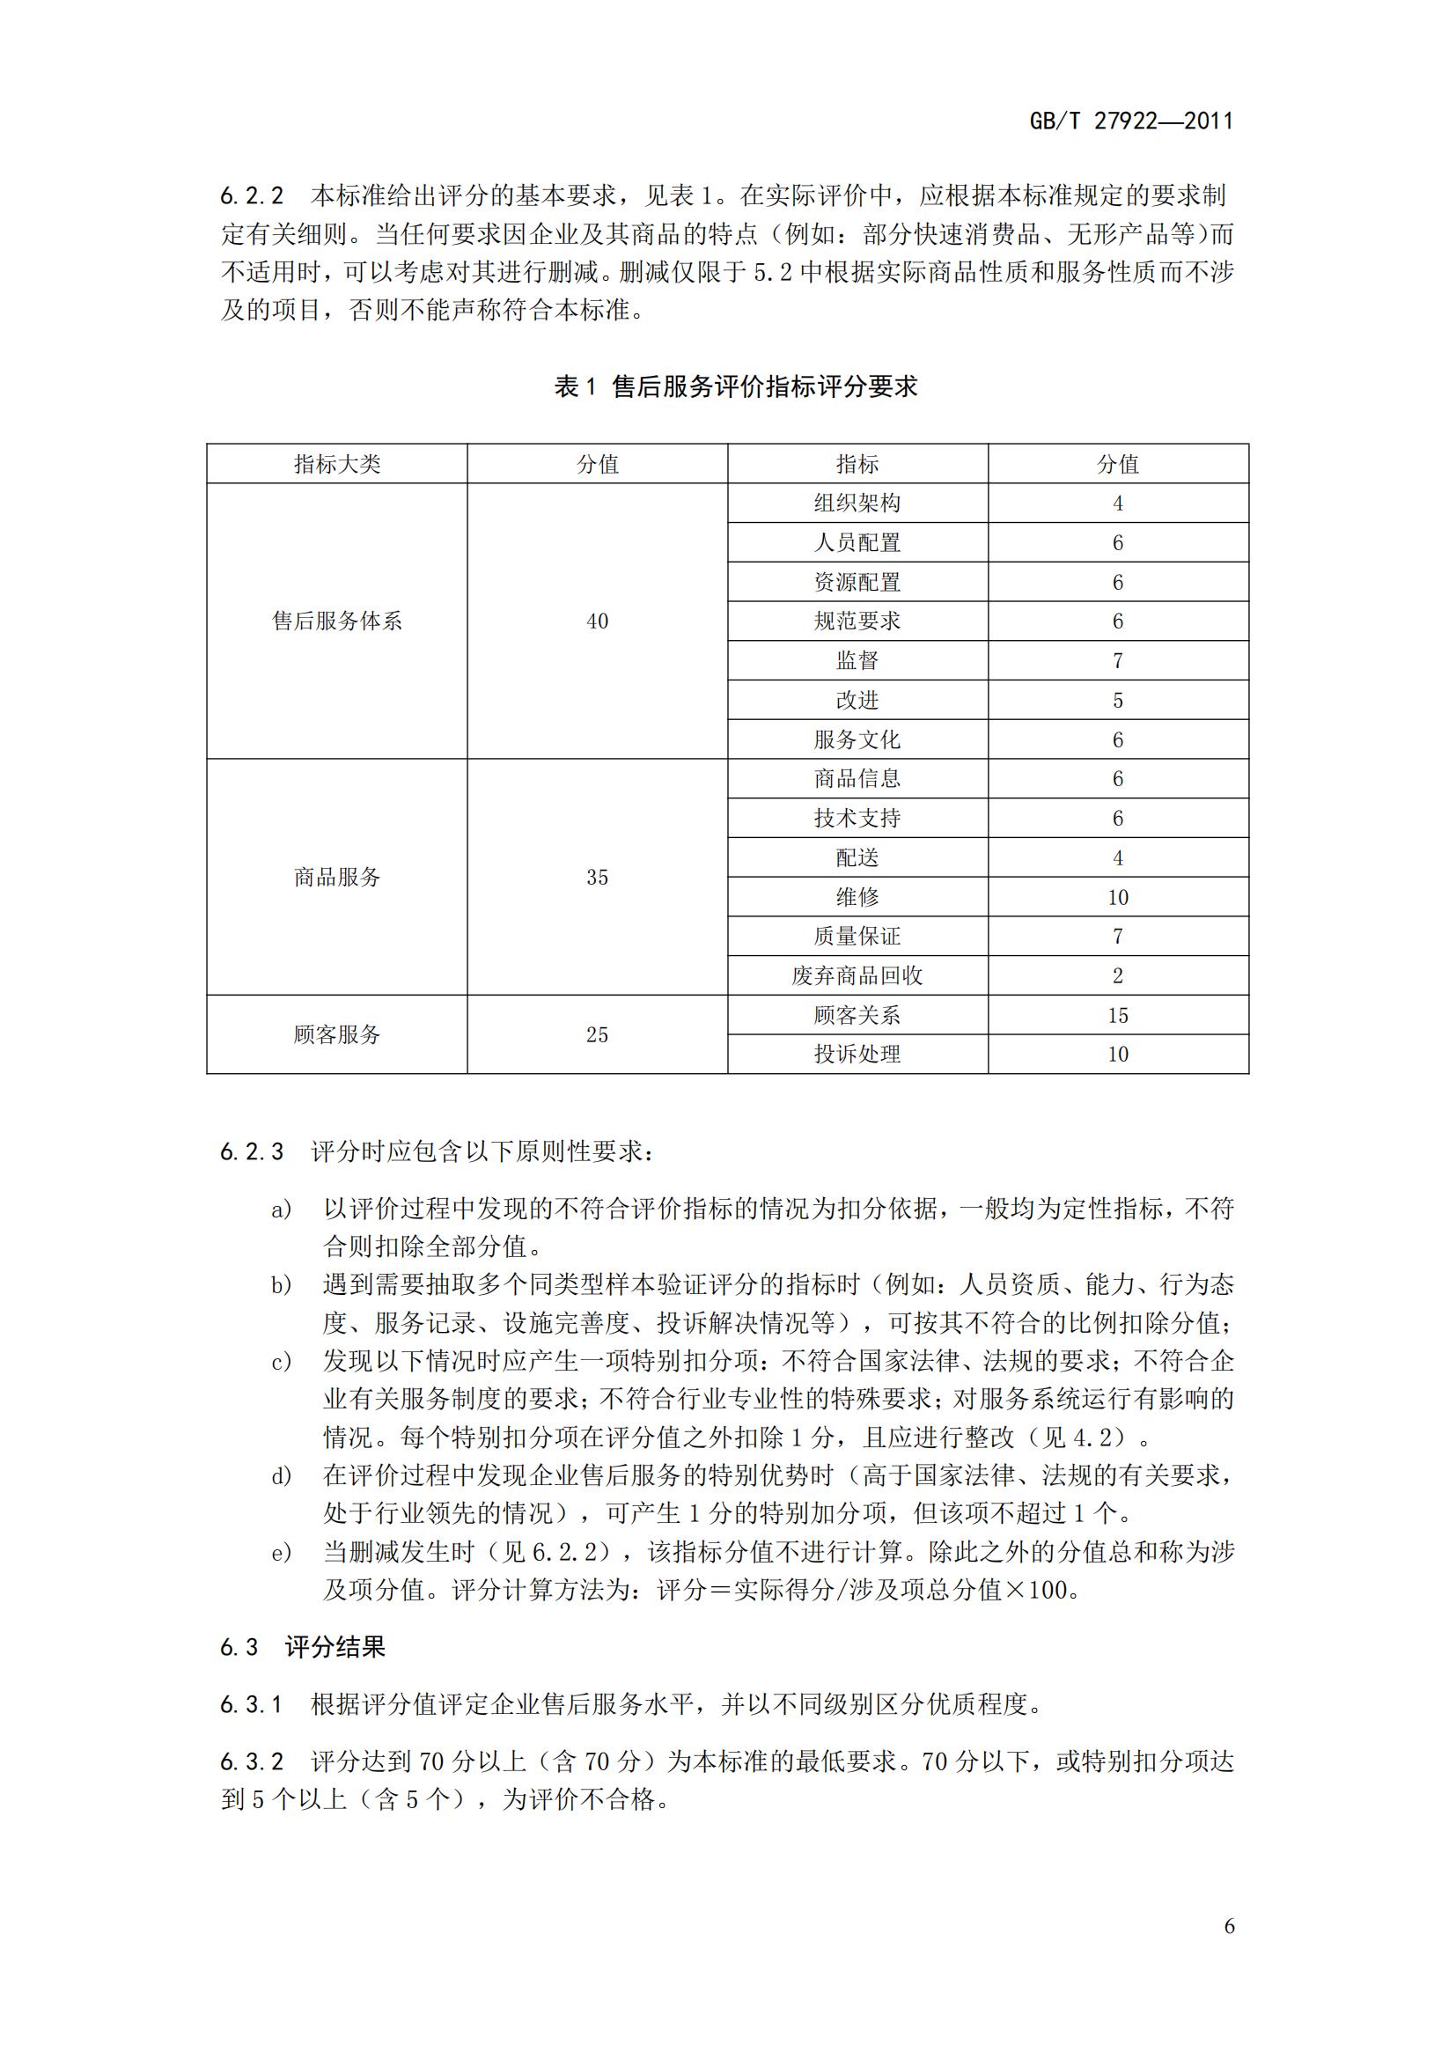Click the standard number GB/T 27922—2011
tap(1130, 121)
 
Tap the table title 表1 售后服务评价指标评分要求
tap(735, 386)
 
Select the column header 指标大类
tap(337, 464)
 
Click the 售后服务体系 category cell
tap(337, 621)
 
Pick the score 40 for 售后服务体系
tap(597, 621)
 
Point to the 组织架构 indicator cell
tap(857, 504)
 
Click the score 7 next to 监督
tap(1117, 661)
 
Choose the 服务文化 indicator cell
tap(857, 739)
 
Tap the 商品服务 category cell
tap(337, 877)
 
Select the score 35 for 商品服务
tap(597, 877)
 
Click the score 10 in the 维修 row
tap(1117, 897)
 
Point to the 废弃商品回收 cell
tap(857, 975)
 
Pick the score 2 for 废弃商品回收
tap(1117, 975)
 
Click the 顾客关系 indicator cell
tap(857, 1015)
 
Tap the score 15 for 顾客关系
tap(1117, 1015)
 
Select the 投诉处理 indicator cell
tap(857, 1054)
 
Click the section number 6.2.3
tap(251, 1152)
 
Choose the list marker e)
tap(282, 1552)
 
